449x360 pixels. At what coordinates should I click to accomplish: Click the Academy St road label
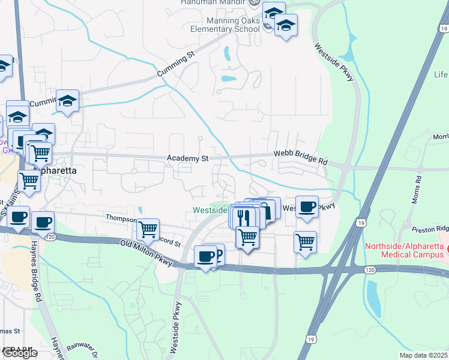pyautogui.click(x=188, y=158)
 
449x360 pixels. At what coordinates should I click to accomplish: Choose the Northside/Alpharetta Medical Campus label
pyautogui.click(x=405, y=251)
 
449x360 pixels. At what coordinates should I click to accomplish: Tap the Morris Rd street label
pyautogui.click(x=416, y=187)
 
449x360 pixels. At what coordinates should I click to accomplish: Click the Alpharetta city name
pyautogui.click(x=55, y=170)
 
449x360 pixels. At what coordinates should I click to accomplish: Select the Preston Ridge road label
pyautogui.click(x=430, y=229)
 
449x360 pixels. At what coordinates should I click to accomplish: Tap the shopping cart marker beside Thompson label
pyautogui.click(x=148, y=229)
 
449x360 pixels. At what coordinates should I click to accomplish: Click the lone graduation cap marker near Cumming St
pyautogui.click(x=68, y=100)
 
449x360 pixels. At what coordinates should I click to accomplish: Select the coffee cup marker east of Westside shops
pyautogui.click(x=307, y=206)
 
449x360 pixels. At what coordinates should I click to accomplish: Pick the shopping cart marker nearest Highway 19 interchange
pyautogui.click(x=305, y=242)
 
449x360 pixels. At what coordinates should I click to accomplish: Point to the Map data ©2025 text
pyautogui.click(x=423, y=355)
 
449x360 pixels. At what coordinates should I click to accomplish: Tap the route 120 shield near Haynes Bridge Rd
pyautogui.click(x=51, y=236)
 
